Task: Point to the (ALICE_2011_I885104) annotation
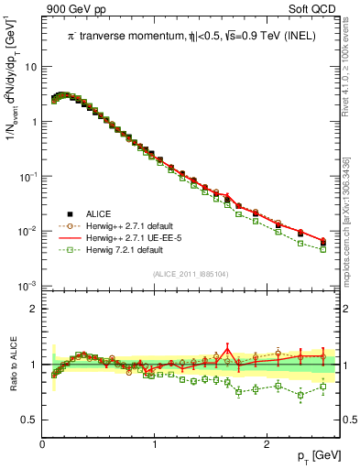coord(191,274)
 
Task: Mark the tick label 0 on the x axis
coord(43,444)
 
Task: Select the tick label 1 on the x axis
coord(155,444)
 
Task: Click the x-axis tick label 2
coord(267,444)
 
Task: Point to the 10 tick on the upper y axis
coord(30,67)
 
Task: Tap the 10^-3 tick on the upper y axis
coord(28,287)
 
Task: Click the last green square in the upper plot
coord(322,249)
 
